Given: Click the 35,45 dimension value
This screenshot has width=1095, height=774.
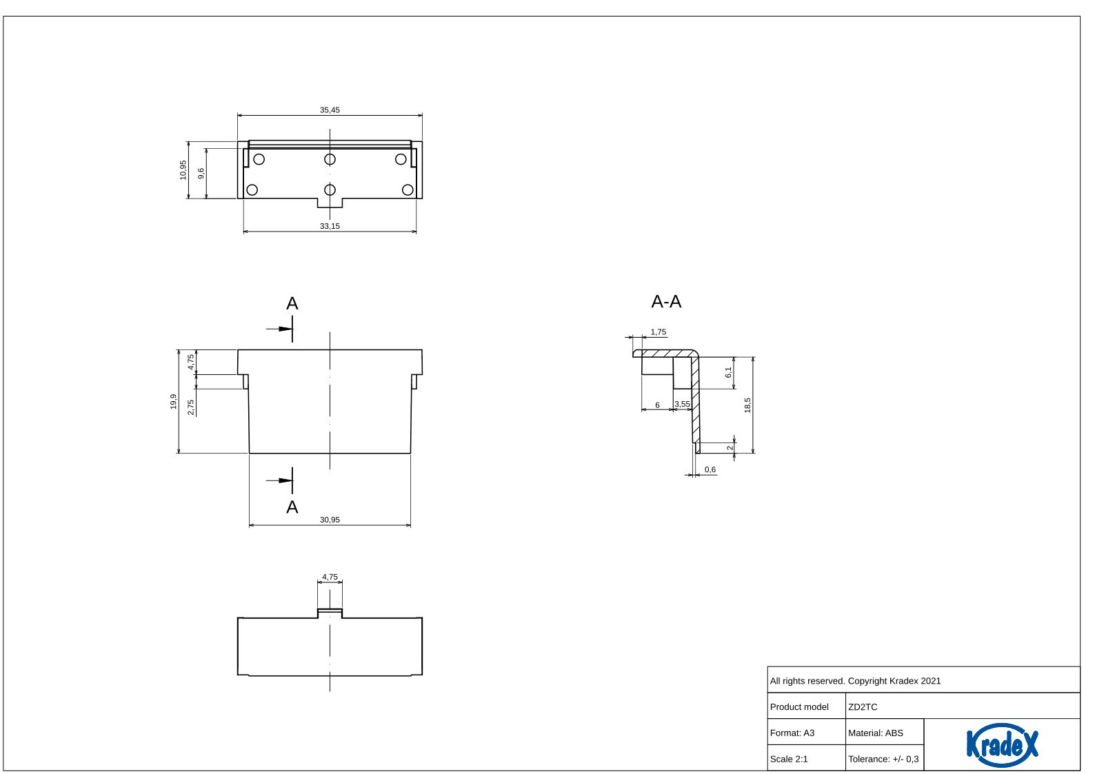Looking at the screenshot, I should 330,110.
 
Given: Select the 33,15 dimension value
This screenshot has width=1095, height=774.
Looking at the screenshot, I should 330,226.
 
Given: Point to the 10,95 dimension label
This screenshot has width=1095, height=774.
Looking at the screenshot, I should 183,170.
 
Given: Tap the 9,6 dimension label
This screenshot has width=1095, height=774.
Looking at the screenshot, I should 201,173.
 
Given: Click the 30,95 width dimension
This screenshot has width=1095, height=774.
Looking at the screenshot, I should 330,520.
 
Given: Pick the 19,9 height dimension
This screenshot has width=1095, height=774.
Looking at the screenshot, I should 174,401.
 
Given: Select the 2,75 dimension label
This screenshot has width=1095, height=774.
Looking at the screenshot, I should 191,407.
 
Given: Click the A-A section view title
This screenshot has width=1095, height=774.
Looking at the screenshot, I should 666,302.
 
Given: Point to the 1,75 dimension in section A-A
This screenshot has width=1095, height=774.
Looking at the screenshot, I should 659,332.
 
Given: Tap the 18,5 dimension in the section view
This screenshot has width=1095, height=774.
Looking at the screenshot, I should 747,405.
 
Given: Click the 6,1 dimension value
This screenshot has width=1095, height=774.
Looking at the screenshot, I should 728,372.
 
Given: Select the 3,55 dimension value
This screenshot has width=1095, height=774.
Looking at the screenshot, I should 682,405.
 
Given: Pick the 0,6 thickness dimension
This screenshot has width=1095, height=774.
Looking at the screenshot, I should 710,470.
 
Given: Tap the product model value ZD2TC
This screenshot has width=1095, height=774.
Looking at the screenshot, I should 863,707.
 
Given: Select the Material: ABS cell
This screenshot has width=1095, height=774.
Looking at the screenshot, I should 876,733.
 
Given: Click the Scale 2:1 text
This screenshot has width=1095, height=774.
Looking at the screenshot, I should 789,760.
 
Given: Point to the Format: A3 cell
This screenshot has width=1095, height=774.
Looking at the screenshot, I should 792,733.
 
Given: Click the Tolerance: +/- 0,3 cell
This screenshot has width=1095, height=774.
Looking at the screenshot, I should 883,760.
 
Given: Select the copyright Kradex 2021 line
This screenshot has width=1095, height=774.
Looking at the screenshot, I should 855,681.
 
